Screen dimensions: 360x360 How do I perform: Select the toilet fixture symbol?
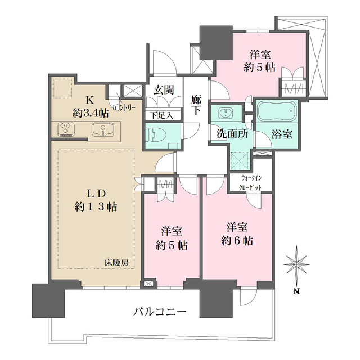point(155,136)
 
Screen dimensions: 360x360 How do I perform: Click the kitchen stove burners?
point(67,130)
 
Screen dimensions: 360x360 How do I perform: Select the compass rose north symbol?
point(296,264)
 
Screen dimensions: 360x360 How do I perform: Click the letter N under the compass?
point(296,291)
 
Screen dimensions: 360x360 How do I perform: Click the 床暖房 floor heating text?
point(117,262)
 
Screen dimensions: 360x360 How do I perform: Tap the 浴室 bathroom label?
point(280,135)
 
